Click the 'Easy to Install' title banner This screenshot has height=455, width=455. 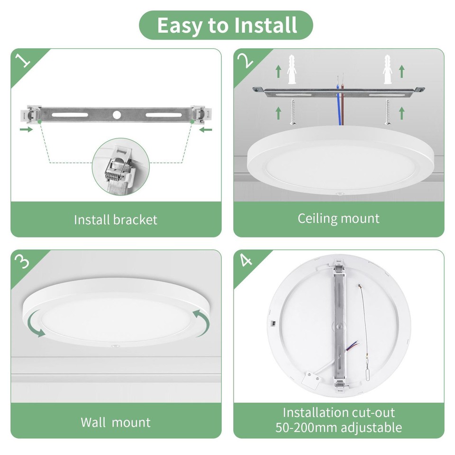pos(226,25)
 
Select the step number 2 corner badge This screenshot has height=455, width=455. pos(245,61)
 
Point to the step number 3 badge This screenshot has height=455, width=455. pos(23,262)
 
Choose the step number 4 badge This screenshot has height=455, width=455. pos(245,262)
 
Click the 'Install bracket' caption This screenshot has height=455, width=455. pos(116,219)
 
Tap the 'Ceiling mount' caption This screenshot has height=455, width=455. pos(338,218)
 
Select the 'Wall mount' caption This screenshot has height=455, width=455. pos(116,422)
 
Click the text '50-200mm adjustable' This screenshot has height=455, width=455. pos(338,428)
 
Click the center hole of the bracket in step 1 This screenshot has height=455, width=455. pos(117,115)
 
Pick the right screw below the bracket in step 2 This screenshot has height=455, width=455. pos(387,112)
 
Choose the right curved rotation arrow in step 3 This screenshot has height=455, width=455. pos(201,320)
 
